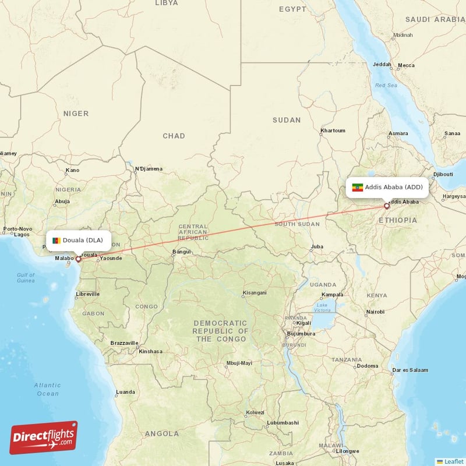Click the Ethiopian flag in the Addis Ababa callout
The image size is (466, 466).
pos(358,188)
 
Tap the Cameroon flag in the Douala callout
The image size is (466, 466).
pos(56,241)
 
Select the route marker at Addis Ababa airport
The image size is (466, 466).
pos(386,206)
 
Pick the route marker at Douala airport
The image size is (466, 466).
pos(78,259)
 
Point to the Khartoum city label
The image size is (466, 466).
pos(333,130)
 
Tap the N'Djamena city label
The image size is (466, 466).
pos(149,169)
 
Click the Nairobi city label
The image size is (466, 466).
pos(375,312)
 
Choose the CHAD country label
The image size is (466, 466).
pos(174,136)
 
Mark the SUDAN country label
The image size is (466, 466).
pos(287,120)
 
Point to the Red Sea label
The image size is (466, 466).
pos(386,86)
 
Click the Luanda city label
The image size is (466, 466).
pos(125,392)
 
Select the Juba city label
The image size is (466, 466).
pos(317,246)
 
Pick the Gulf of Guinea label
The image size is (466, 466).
pos(26,278)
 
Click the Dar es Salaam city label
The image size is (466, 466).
pos(410,370)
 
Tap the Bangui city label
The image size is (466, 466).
pos(181,252)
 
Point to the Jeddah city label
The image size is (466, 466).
pos(382,65)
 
